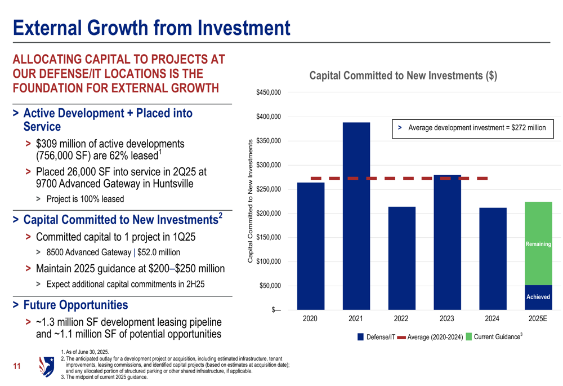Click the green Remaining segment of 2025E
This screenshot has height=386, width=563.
pos(538,243)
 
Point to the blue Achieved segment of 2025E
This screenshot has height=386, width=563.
pos(538,298)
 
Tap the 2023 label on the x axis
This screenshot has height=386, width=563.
pos(447,318)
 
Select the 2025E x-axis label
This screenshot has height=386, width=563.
pos(538,318)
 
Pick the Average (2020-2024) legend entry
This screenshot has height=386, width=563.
pos(430,337)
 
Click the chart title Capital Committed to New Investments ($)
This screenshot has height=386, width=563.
pos(403,76)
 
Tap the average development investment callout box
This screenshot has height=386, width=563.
pos(472,128)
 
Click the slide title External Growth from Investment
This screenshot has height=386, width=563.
pos(152,27)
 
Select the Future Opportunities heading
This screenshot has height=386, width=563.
pos(75,305)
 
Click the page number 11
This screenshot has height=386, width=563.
pos(17,367)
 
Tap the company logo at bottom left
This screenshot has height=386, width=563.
pos(46,366)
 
